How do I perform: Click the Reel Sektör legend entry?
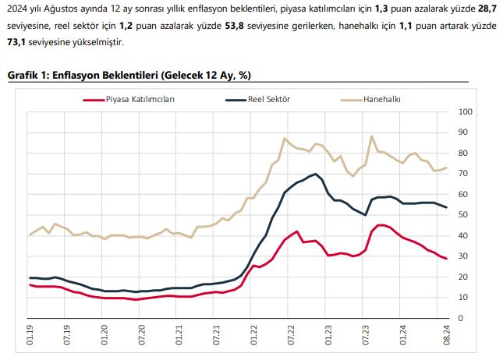tap(268, 100)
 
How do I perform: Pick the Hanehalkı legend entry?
tap(381, 100)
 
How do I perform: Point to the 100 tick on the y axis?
tap(466, 111)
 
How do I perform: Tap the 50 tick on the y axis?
tap(463, 214)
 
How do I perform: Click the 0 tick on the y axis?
tap(461, 318)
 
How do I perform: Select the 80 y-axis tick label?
tap(463, 153)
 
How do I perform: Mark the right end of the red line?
tap(446, 259)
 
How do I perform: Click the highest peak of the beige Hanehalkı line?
tap(371, 136)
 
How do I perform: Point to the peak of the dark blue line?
tap(315, 174)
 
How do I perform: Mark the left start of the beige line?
tap(30, 235)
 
